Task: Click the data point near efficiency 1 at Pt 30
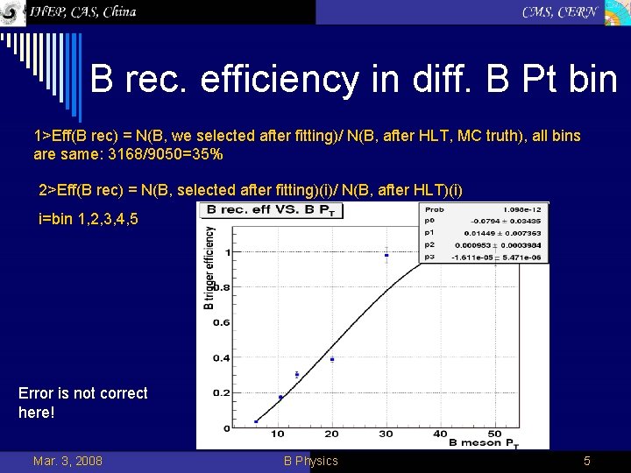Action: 386,256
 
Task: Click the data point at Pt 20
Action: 332,359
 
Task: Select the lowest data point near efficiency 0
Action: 256,421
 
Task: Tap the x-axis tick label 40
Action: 440,434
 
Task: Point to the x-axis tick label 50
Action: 494,434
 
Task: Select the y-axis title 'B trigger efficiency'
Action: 209,268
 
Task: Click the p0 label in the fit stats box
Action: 430,222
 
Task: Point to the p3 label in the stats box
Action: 430,258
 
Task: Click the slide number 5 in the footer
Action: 587,461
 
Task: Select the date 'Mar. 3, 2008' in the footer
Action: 67,461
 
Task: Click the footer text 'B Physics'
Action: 310,461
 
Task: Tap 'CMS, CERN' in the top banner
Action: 560,11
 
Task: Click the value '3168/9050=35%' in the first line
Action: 166,153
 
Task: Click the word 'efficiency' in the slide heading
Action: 280,81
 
